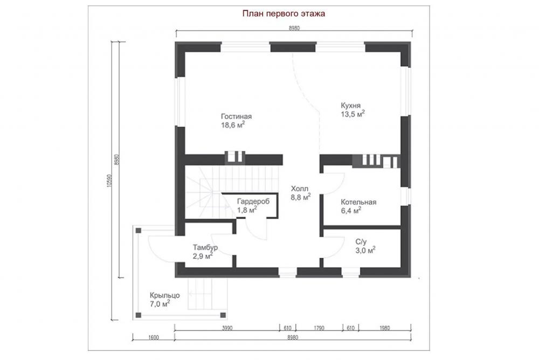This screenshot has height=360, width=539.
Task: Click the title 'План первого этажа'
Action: click(x=284, y=14)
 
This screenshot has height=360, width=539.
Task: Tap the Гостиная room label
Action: click(x=236, y=116)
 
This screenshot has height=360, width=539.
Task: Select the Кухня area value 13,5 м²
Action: click(x=353, y=114)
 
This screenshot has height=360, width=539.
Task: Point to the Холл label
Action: click(x=300, y=189)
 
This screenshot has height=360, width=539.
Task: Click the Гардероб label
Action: click(x=253, y=202)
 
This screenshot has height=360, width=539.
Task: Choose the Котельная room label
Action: click(x=358, y=202)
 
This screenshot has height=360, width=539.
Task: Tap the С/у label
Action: click(x=361, y=242)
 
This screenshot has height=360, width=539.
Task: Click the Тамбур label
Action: click(x=205, y=247)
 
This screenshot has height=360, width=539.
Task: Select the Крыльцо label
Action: click(x=164, y=295)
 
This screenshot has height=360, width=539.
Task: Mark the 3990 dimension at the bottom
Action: click(x=227, y=328)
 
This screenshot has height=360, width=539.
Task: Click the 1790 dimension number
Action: click(x=319, y=328)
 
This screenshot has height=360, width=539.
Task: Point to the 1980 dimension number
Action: click(x=385, y=328)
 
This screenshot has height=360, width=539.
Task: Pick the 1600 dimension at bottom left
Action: click(x=154, y=337)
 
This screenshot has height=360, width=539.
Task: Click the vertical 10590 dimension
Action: click(x=109, y=181)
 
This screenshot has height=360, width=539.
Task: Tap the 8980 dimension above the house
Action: click(x=294, y=29)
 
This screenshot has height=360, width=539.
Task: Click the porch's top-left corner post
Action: click(x=138, y=230)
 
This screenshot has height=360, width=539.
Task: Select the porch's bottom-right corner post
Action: click(x=223, y=315)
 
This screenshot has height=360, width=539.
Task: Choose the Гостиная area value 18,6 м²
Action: click(x=233, y=125)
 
